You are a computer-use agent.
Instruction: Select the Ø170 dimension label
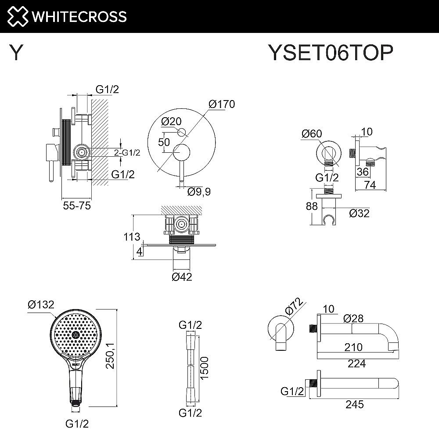pos(222,104)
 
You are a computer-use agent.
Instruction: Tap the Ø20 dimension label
pos(172,121)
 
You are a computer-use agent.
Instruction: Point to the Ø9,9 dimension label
pos(199,192)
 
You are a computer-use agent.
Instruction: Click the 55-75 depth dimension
pos(76,205)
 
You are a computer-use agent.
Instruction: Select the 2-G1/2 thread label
pos(127,153)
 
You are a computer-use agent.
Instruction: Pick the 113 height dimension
pos(132,237)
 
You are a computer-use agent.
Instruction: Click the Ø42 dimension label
pos(182,277)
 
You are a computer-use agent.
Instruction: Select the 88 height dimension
pos(312,206)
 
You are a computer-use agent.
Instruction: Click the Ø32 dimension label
pos(359,213)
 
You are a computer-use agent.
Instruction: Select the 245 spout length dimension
pos(354,404)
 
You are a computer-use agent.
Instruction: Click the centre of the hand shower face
pos(76,335)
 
